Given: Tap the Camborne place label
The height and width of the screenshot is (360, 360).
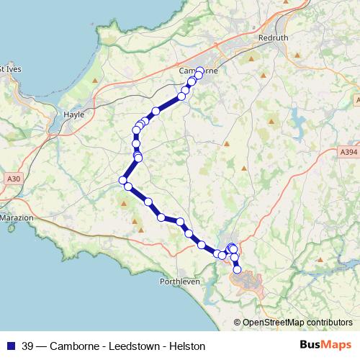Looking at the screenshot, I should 197,71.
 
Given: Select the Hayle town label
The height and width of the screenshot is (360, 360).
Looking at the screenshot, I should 74,114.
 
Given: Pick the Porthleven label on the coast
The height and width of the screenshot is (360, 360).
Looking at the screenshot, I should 179,281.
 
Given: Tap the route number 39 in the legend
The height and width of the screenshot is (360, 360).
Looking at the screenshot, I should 28,346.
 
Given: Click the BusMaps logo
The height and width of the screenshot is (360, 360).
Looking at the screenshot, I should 326,345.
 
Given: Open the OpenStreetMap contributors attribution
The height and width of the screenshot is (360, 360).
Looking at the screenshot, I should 297,322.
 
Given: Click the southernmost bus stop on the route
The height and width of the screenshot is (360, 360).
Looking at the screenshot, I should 238,271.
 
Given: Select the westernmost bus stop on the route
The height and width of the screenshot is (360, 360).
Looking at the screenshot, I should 123,180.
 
